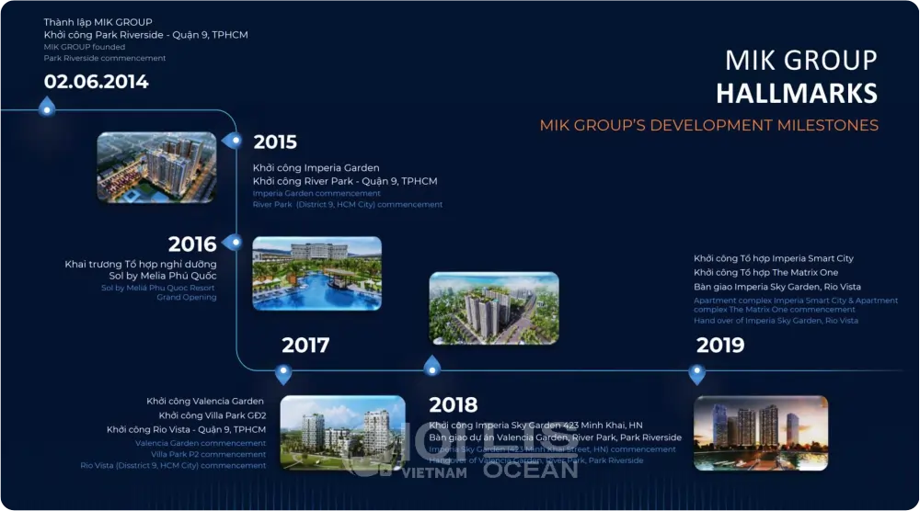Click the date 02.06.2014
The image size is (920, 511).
tap(96, 82)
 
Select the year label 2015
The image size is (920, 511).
tap(275, 142)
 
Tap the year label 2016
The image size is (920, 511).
tap(192, 244)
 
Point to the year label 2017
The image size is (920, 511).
tap(305, 346)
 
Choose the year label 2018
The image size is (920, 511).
tap(454, 405)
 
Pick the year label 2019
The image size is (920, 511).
tap(720, 346)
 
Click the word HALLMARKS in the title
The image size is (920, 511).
tap(797, 94)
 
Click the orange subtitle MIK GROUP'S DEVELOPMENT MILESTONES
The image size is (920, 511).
tap(708, 125)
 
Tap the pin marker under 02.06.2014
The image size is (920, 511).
tap(47, 108)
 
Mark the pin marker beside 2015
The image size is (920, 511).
tap(235, 141)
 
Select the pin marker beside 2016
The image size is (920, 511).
tap(235, 243)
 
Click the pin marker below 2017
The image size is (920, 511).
tap(283, 373)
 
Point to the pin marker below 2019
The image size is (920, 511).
tap(697, 373)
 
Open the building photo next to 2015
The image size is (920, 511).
tap(156, 167)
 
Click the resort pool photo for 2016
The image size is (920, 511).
tap(316, 273)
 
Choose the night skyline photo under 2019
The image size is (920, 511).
tap(760, 433)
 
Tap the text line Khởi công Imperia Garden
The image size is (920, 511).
tap(316, 168)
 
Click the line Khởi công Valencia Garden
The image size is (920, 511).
tap(205, 401)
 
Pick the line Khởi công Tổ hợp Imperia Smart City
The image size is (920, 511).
tap(774, 258)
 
